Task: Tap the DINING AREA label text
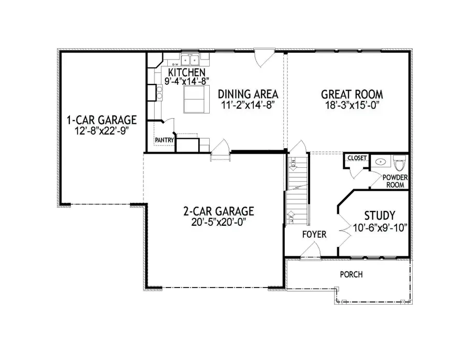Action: click(x=248, y=94)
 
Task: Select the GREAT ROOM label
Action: click(x=352, y=94)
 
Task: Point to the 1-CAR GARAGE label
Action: click(x=101, y=120)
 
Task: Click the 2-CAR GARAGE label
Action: click(x=219, y=211)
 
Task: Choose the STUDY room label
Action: click(x=380, y=215)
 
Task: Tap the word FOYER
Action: click(x=314, y=235)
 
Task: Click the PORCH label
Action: click(x=351, y=275)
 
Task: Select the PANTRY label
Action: click(x=164, y=140)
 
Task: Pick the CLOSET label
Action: click(x=357, y=158)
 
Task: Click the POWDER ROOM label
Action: click(x=395, y=181)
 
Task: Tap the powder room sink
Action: click(x=381, y=161)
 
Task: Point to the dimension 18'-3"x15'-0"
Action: click(x=352, y=105)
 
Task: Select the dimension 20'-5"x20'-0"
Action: click(x=219, y=222)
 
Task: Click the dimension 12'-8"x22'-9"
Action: click(x=101, y=131)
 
